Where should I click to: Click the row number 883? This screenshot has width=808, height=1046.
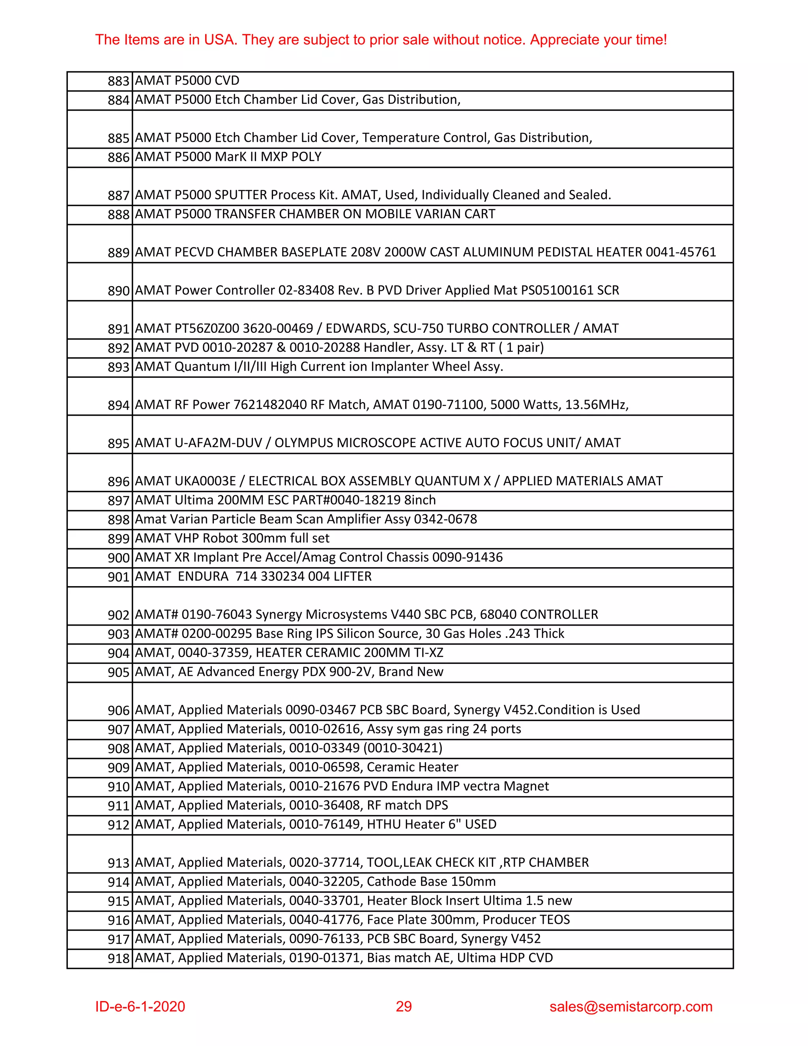coord(118,81)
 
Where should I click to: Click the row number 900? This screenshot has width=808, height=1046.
coord(118,558)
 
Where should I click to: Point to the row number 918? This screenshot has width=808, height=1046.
coord(118,958)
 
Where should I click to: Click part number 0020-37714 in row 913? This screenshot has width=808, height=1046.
coord(324,862)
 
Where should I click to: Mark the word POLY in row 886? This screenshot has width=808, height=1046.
coord(306,157)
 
